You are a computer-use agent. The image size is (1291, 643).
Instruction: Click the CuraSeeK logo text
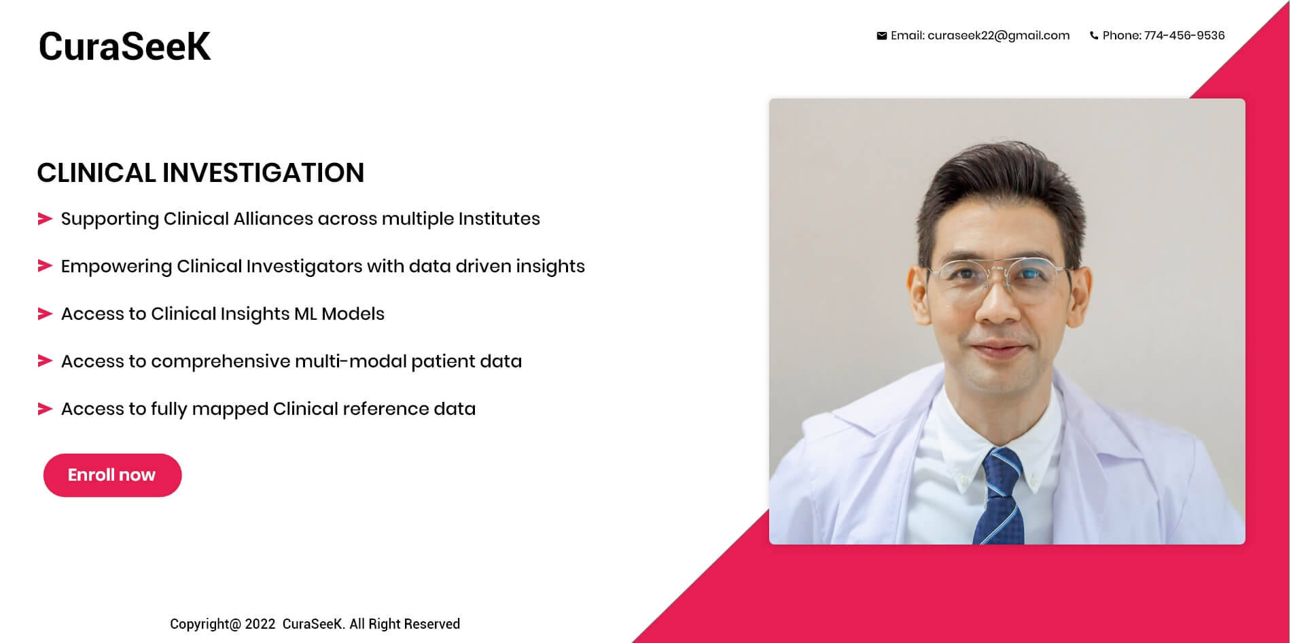(x=124, y=46)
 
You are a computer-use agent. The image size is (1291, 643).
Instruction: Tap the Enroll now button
(x=112, y=475)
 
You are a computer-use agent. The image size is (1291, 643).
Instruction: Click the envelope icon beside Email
(x=881, y=36)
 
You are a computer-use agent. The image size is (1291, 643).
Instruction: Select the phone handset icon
(x=1094, y=36)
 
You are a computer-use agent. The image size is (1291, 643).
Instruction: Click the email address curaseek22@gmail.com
(x=998, y=36)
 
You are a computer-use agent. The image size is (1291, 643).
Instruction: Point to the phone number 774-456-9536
(x=1184, y=35)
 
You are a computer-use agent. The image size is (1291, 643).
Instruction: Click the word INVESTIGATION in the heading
(x=263, y=172)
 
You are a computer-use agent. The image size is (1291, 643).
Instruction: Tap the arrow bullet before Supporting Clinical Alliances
(x=45, y=219)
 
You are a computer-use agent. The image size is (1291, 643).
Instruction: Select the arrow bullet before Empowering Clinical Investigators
(x=45, y=265)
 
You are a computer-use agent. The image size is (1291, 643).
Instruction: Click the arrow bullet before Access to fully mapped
(x=45, y=409)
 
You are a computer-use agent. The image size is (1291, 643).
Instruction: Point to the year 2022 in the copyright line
(x=260, y=624)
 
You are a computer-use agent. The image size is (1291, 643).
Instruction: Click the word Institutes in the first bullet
(x=499, y=219)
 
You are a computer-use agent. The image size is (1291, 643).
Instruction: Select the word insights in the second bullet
(x=550, y=267)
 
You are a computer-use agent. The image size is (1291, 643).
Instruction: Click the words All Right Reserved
(x=405, y=624)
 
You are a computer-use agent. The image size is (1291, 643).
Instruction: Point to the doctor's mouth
(x=998, y=350)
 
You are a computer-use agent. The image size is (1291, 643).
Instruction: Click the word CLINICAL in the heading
(x=96, y=172)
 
